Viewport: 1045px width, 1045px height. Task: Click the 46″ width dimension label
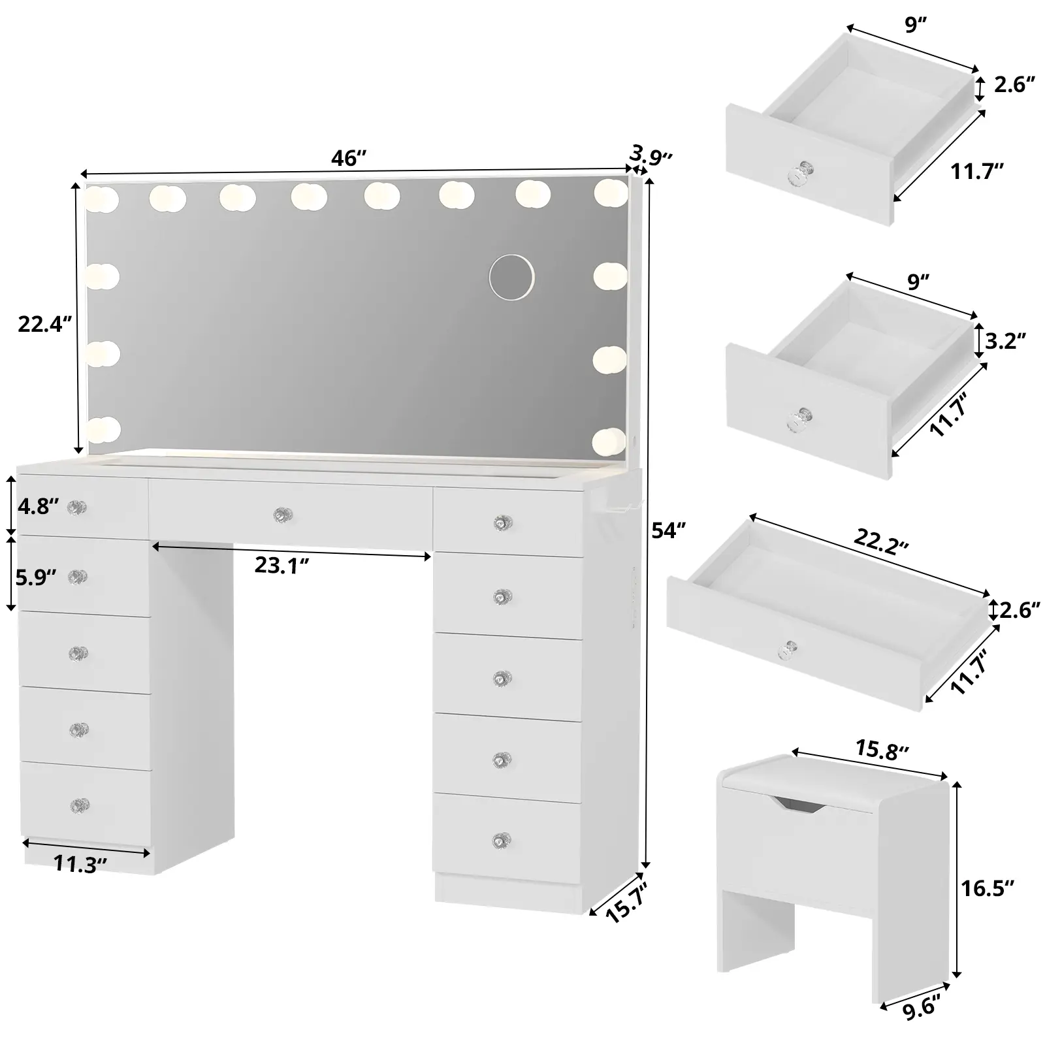(349, 159)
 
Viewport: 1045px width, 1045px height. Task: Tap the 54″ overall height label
(669, 531)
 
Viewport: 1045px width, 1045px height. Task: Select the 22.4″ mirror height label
(44, 323)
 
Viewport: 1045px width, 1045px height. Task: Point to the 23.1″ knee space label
(281, 565)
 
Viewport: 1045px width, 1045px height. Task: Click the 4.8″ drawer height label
(38, 506)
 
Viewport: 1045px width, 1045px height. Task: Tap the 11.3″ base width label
(80, 865)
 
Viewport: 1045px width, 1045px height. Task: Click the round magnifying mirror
(513, 277)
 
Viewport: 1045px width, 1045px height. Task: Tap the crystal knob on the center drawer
(282, 515)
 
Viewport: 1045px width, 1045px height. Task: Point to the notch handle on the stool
(797, 805)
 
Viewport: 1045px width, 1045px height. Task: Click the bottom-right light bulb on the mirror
(609, 441)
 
